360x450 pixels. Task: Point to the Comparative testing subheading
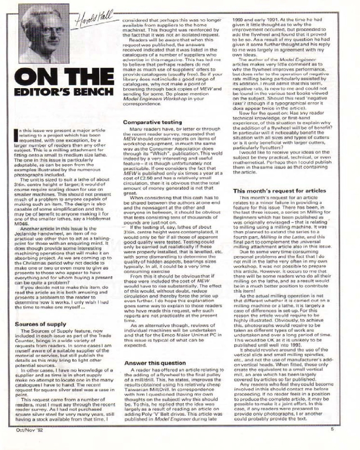point(152,122)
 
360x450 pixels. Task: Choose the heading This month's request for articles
point(279,190)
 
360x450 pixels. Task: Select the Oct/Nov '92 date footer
point(28,442)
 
